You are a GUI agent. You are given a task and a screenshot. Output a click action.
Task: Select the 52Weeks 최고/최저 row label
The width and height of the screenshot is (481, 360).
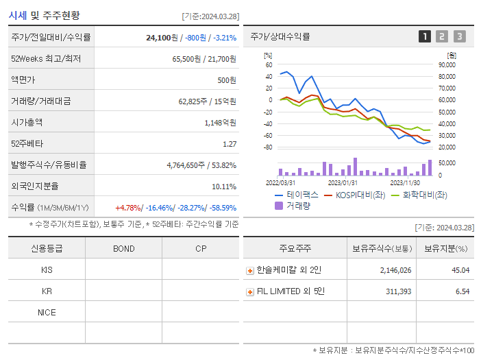pyautogui.click(x=46, y=59)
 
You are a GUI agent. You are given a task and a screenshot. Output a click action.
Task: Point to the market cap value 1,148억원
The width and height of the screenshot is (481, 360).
pyautogui.click(x=221, y=123)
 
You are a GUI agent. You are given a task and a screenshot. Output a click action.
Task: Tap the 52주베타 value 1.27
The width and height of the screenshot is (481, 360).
pyautogui.click(x=230, y=144)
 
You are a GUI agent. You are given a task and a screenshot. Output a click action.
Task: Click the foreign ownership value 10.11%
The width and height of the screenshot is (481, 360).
pyautogui.click(x=224, y=187)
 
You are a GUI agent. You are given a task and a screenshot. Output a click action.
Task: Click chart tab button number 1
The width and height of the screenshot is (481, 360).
pyautogui.click(x=425, y=37)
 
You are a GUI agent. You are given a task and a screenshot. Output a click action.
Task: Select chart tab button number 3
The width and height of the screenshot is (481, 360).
pyautogui.click(x=459, y=37)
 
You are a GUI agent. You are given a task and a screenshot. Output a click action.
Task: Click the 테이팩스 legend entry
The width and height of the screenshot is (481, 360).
pyautogui.click(x=297, y=195)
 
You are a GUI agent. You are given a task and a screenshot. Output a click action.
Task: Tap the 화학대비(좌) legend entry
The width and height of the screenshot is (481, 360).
pyautogui.click(x=419, y=195)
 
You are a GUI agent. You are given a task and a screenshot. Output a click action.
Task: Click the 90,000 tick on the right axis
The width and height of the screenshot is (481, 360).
pyautogui.click(x=447, y=64)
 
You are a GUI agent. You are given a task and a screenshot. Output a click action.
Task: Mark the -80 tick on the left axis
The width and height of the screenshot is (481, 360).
pyautogui.click(x=268, y=147)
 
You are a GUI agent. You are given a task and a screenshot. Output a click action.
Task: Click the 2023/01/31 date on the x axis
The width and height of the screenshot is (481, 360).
pyautogui.click(x=343, y=183)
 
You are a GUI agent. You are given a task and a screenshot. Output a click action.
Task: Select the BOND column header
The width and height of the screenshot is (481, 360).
pyautogui.click(x=123, y=248)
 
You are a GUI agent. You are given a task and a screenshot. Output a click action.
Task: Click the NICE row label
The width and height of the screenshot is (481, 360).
pyautogui.click(x=47, y=312)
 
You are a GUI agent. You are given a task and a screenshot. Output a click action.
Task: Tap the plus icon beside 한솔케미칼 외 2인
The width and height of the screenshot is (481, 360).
pyautogui.click(x=249, y=270)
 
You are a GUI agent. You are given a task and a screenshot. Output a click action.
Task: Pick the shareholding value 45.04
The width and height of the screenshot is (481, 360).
pyautogui.click(x=460, y=270)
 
